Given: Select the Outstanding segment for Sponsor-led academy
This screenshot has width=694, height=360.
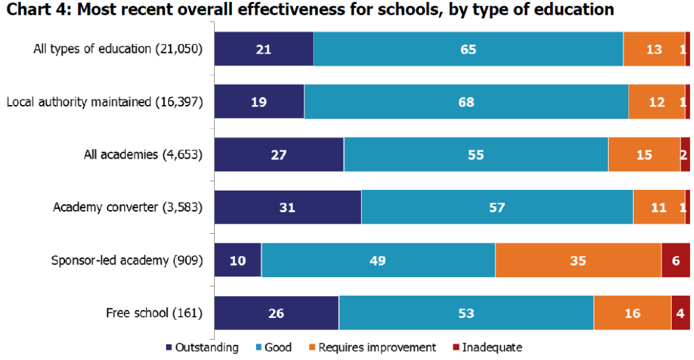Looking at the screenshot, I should tap(238, 260).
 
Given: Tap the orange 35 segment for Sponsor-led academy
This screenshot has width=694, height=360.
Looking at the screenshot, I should tap(578, 260).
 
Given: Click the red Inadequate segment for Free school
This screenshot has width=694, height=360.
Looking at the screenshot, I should tap(680, 313).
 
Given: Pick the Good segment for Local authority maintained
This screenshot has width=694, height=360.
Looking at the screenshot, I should tap(466, 102).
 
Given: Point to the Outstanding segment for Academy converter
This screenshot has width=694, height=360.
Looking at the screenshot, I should tap(288, 207).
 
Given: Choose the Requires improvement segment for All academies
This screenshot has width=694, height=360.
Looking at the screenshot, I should tap(644, 155).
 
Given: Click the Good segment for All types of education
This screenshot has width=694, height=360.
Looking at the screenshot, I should tap(468, 49).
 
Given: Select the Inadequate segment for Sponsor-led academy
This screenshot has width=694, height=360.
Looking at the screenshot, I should tap(675, 260).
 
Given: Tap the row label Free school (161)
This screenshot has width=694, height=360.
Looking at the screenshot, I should tap(155, 313).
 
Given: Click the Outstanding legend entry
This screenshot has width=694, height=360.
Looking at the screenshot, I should tap(202, 348).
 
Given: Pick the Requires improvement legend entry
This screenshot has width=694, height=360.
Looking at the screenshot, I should tap(372, 348).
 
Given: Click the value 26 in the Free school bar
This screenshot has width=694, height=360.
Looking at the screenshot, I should tap(276, 313).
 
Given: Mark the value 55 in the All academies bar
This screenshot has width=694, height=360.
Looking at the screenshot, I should tap(476, 155).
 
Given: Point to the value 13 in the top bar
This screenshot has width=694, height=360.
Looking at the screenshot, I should tap(654, 49).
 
